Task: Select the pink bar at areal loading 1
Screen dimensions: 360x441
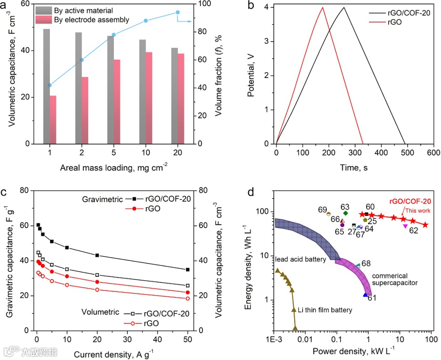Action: click(x=53, y=120)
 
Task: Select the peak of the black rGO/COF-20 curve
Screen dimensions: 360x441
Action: click(x=344, y=7)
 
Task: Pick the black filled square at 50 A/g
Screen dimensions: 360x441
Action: click(x=188, y=269)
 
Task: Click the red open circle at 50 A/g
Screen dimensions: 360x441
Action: click(x=188, y=298)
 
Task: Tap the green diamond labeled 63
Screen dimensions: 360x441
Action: click(x=345, y=213)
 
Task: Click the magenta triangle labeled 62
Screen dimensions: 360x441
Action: click(x=405, y=226)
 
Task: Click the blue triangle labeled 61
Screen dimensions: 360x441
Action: click(x=365, y=295)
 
